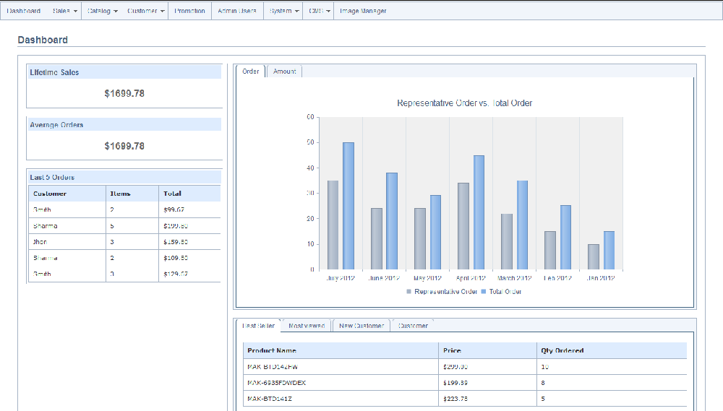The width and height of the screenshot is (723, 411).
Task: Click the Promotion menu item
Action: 189,11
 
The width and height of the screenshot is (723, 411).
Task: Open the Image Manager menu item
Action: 363,11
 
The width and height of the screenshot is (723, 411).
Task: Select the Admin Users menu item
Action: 237,11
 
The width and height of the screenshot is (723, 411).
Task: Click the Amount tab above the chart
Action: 285,72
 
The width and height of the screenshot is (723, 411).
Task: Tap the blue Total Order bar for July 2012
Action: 348,206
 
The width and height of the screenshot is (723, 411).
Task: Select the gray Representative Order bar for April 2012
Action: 463,226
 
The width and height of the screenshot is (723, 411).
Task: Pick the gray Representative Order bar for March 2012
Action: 507,241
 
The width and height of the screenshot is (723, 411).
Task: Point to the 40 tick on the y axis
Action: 311,168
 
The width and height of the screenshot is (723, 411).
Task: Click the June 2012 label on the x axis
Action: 383,278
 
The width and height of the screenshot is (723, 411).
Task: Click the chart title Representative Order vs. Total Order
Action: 464,103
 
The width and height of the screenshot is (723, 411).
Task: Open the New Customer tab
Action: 361,326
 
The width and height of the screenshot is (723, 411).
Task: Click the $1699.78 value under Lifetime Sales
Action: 124,93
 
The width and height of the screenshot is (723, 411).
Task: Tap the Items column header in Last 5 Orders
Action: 120,194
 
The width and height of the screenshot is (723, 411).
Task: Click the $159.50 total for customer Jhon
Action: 176,242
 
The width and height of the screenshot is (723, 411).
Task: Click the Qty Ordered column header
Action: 562,350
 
